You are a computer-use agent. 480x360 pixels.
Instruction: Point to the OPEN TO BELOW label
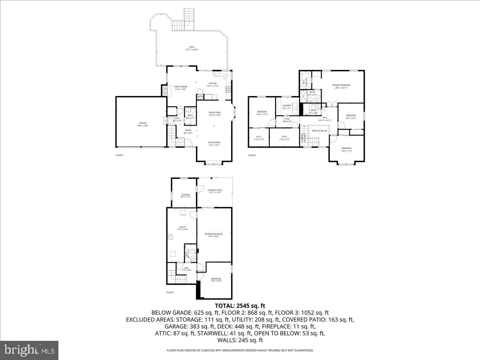320,131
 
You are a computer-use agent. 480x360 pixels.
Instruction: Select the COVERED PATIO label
214,191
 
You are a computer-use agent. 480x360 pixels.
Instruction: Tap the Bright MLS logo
30,350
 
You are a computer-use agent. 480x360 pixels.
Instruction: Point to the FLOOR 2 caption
120,155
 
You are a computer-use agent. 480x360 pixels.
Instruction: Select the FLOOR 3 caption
252,155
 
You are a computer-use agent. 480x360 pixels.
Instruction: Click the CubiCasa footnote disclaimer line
240,350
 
